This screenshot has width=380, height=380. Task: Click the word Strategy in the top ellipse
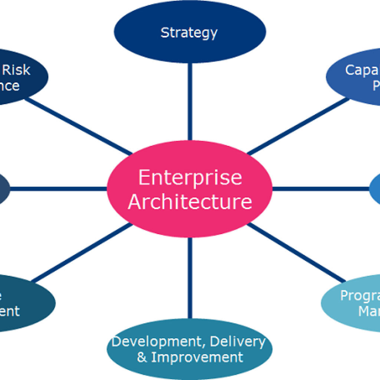pyautogui.click(x=189, y=33)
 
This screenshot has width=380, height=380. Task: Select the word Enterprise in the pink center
pyautogui.click(x=190, y=177)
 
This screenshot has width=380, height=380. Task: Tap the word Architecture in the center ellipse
pyautogui.click(x=190, y=202)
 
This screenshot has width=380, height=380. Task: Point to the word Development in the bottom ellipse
pyautogui.click(x=155, y=342)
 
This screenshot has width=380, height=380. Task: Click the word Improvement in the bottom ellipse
pyautogui.click(x=197, y=357)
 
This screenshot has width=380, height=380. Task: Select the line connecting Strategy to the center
pyautogui.click(x=190, y=100)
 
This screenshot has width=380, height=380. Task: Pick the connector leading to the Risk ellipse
pyautogui.click(x=78, y=126)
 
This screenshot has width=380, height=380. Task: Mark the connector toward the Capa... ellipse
pyautogui.click(x=297, y=126)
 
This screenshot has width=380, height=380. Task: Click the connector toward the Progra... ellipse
pyautogui.click(x=297, y=252)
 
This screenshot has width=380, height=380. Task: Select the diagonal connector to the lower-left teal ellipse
pyautogui.click(x=82, y=252)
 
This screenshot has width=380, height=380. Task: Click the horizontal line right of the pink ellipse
pyautogui.click(x=321, y=189)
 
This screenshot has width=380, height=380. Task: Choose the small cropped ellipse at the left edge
pyautogui.click(x=4, y=189)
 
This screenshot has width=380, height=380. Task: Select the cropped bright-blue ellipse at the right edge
pyautogui.click(x=375, y=189)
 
